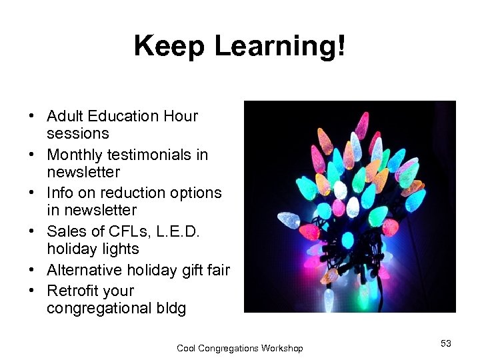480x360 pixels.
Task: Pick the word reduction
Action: [129, 193]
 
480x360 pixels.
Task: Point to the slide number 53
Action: [446, 343]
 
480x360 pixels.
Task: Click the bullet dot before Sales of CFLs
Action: [32, 232]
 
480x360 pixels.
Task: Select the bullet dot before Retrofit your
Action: [32, 291]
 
